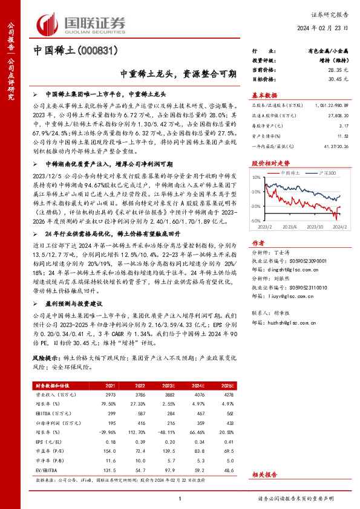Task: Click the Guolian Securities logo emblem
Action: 48,22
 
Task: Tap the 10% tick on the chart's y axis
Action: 255,177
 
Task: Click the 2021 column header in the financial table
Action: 111,385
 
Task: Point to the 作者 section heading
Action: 258,242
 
